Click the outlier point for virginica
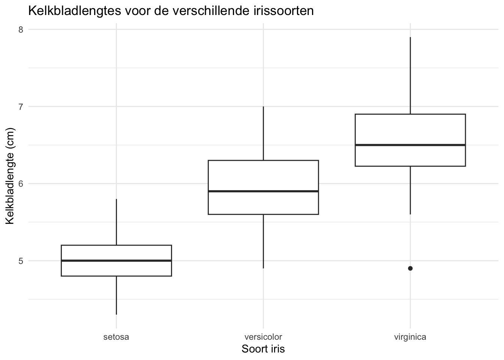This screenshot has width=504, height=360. (x=410, y=268)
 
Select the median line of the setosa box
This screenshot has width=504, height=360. (x=116, y=260)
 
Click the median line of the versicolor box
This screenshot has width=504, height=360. (x=263, y=191)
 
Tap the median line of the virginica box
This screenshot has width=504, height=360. (x=410, y=145)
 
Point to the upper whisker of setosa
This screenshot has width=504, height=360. (x=116, y=222)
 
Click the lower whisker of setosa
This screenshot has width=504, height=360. (x=116, y=295)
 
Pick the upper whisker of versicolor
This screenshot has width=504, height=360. (x=263, y=133)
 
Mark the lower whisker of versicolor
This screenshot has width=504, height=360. (x=263, y=241)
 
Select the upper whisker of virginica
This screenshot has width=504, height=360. (x=410, y=75)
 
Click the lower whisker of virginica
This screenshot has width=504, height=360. (x=410, y=190)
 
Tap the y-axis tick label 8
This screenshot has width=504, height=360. (x=21, y=29)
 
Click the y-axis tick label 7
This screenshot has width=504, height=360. (x=21, y=106)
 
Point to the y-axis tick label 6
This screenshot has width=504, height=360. (x=21, y=183)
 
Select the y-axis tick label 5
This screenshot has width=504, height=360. (x=21, y=261)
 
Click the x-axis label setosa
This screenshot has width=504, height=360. (x=116, y=337)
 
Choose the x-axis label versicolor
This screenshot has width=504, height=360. (x=263, y=337)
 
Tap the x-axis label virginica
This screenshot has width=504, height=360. (x=410, y=337)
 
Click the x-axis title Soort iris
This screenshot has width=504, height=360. (x=263, y=349)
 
